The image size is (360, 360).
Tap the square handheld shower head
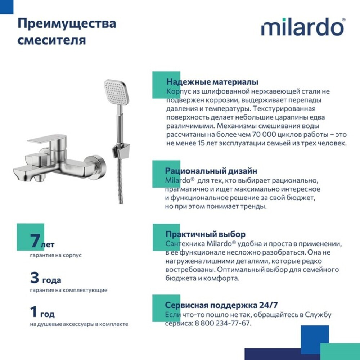coord(116,92)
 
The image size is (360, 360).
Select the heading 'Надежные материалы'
coord(212,82)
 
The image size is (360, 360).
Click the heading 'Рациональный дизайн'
coord(211,171)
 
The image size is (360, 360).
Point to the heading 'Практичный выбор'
coord(205,234)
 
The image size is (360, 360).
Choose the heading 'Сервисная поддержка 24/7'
coord(221,305)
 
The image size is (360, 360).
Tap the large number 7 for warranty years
coord(35,241)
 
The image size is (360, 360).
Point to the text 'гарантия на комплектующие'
coord(68,290)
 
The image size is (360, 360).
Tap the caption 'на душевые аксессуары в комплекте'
coord(79,324)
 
